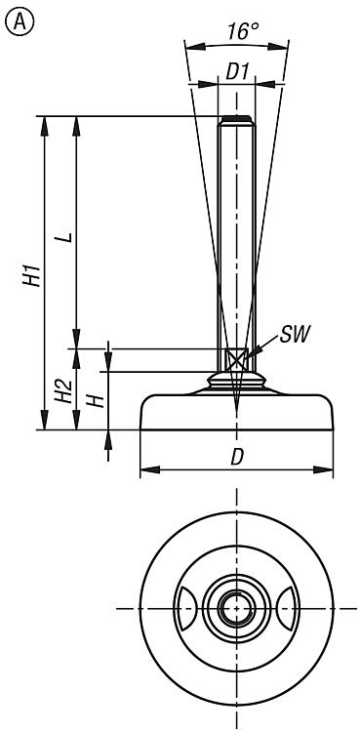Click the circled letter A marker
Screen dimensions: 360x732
point(20,21)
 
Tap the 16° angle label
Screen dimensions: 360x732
point(243,32)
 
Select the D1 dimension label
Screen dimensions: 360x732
point(237,72)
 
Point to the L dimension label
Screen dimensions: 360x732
point(67,237)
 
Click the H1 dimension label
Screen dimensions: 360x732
point(33,275)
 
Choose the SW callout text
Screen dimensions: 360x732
point(295,335)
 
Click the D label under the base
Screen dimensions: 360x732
point(237,458)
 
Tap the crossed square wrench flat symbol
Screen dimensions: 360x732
point(236,360)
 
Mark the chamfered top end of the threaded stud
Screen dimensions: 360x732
point(236,120)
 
